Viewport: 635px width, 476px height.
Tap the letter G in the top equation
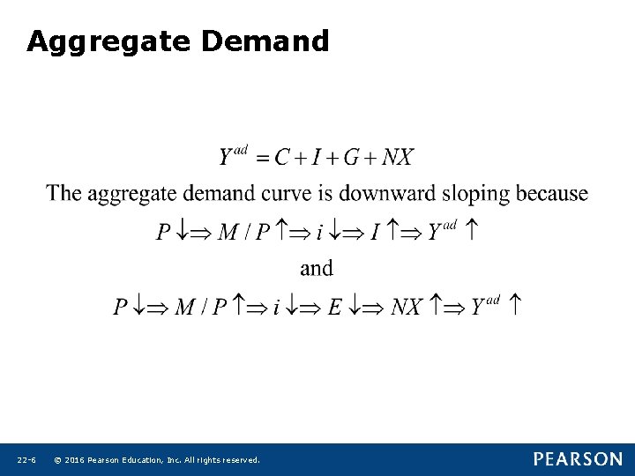coord(351,158)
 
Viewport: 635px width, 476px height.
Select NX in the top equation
coord(398,158)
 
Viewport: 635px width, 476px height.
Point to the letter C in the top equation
coord(282,158)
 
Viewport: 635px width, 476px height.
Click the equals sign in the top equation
coord(260,159)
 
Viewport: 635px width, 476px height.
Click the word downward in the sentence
coord(388,193)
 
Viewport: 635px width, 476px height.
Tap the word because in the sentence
coord(553,193)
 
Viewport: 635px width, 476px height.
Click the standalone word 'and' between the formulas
coord(317,268)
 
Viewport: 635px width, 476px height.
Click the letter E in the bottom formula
coord(334,307)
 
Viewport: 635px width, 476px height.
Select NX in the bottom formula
coord(406,307)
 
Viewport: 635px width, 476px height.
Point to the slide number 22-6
coord(26,460)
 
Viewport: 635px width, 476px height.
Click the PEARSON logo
coord(577,459)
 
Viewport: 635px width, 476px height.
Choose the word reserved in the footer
coord(239,460)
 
